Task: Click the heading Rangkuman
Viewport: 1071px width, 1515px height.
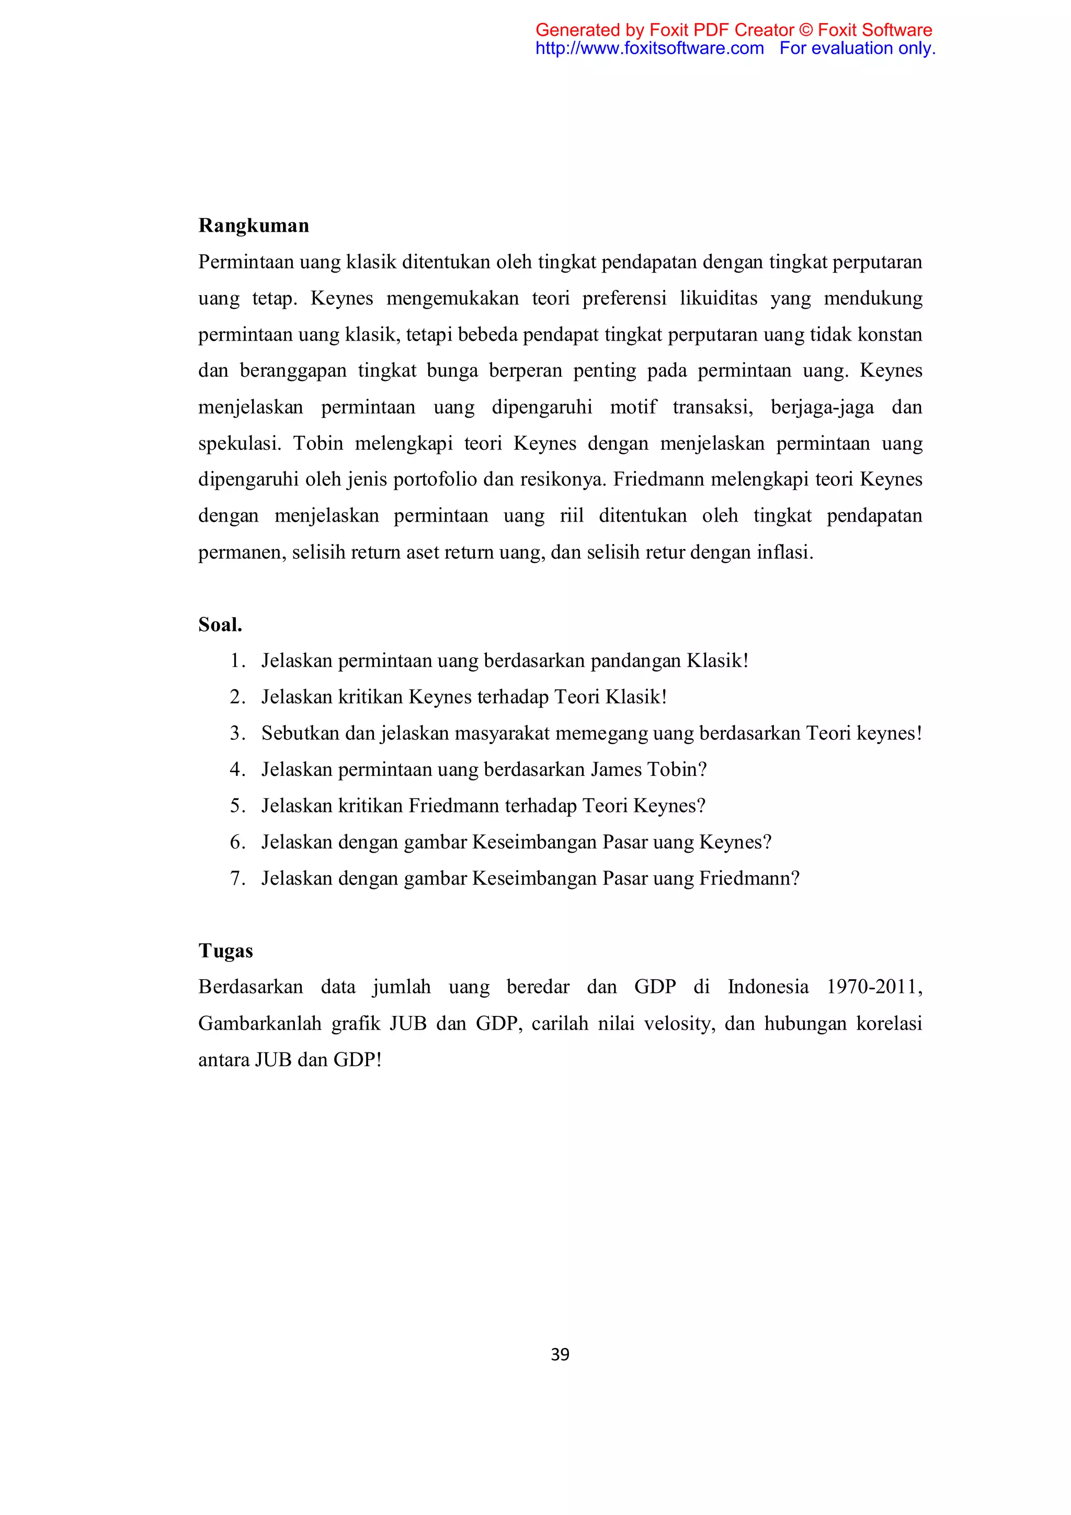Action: (x=253, y=225)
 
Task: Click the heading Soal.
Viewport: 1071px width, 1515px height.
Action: (x=220, y=624)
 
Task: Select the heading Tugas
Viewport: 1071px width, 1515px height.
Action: (x=225, y=951)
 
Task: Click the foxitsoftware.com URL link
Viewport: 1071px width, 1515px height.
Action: (x=650, y=48)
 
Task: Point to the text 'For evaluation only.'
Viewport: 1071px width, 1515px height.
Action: (x=857, y=48)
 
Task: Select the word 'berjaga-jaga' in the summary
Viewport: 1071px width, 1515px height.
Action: (x=823, y=406)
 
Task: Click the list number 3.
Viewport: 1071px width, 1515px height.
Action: (x=237, y=733)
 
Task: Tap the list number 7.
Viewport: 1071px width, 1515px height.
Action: (x=237, y=878)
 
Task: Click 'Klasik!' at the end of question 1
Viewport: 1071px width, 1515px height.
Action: (x=717, y=661)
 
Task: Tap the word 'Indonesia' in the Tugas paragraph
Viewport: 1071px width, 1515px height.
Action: (x=768, y=987)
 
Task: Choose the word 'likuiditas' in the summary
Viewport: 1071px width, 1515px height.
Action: (x=718, y=298)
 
